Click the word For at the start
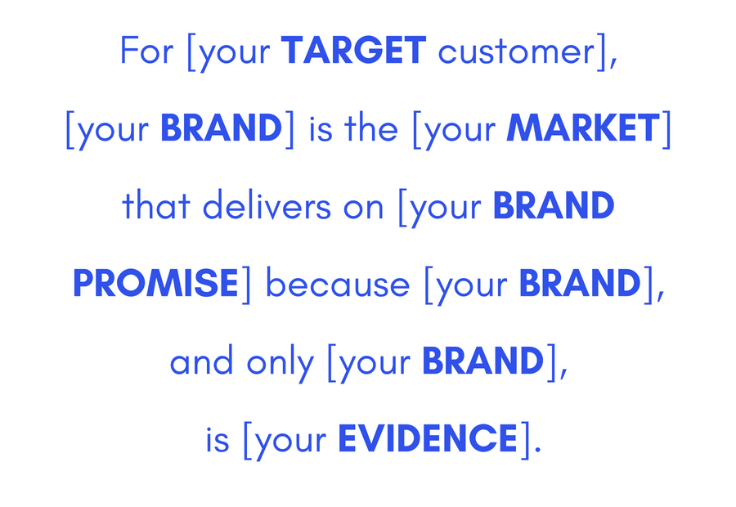pos(147,50)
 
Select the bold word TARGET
pos(353,50)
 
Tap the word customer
pos(517,51)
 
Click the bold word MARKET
pos(583,128)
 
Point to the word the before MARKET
pos(370,128)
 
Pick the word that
pos(156,204)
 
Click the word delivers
pos(267,204)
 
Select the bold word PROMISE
pos(156,283)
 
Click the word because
pos(338,283)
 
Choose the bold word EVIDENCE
pos(428,437)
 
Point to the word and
pos(201,360)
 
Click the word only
pos(280,362)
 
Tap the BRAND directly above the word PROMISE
pos(554,204)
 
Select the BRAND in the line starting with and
pos(483,360)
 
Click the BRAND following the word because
pos(580,283)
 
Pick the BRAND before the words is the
pos(221,128)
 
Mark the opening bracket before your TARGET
pos(191,52)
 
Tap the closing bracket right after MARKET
pos(666,129)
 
